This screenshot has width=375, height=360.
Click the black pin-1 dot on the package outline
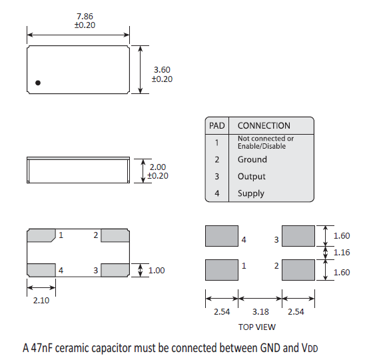38,83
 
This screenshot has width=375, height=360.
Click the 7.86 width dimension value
85,17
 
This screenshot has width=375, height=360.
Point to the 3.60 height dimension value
162,70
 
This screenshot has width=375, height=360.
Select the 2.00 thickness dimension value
158,167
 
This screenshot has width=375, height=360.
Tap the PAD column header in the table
217,125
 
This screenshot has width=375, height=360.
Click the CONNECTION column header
264,125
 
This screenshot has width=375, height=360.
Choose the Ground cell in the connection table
252,159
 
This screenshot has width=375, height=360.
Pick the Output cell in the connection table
252,177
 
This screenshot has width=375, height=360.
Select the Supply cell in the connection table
251,193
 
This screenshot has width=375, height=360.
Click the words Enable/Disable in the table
262,146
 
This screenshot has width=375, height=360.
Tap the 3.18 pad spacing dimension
260,311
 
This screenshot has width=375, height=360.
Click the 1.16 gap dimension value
342,253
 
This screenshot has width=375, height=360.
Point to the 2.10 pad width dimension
41,301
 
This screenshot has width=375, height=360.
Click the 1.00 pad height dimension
157,271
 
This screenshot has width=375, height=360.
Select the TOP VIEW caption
257,327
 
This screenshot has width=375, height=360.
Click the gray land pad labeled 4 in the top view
222,236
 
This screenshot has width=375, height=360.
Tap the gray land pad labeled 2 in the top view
298,270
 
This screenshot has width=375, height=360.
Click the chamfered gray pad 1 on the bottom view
41,235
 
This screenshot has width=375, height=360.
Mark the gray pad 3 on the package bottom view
115,270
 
